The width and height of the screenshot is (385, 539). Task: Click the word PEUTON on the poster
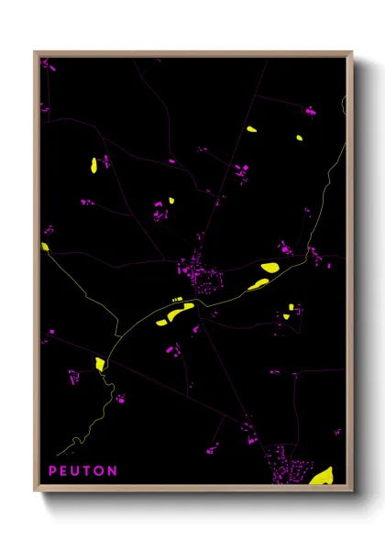coord(82,471)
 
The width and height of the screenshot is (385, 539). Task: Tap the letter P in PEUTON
coord(53,471)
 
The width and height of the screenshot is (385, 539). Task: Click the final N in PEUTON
coord(113,471)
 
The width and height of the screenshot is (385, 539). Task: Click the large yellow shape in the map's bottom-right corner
coord(322,476)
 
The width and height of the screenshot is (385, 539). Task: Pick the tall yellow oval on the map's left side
coord(93,165)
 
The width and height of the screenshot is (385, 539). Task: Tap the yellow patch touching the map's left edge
coord(45,246)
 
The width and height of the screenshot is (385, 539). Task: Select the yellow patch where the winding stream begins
coord(100,364)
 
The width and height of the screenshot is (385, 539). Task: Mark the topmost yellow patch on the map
coord(251,128)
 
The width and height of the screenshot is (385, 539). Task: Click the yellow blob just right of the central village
coord(269,268)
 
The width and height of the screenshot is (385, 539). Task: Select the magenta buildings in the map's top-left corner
coord(49,67)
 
